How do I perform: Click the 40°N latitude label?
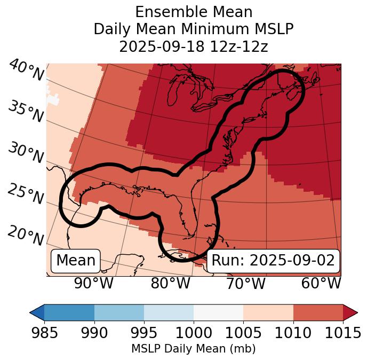(x=26, y=71)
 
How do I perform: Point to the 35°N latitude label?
(x=26, y=111)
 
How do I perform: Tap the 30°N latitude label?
(x=26, y=153)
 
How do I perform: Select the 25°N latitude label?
(x=26, y=194)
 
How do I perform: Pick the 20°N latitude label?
(x=26, y=236)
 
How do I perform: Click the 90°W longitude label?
(x=93, y=283)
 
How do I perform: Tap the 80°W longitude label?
(x=170, y=283)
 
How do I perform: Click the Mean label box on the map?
(x=76, y=261)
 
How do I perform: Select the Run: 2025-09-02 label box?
(x=273, y=261)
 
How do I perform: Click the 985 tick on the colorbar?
(x=44, y=333)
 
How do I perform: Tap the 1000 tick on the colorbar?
(x=194, y=333)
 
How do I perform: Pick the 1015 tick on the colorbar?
(x=343, y=333)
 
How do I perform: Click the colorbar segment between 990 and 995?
(x=119, y=312)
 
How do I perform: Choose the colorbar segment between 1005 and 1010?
(x=268, y=312)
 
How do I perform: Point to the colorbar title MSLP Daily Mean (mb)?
(x=193, y=349)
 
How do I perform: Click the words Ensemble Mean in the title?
(x=194, y=12)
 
